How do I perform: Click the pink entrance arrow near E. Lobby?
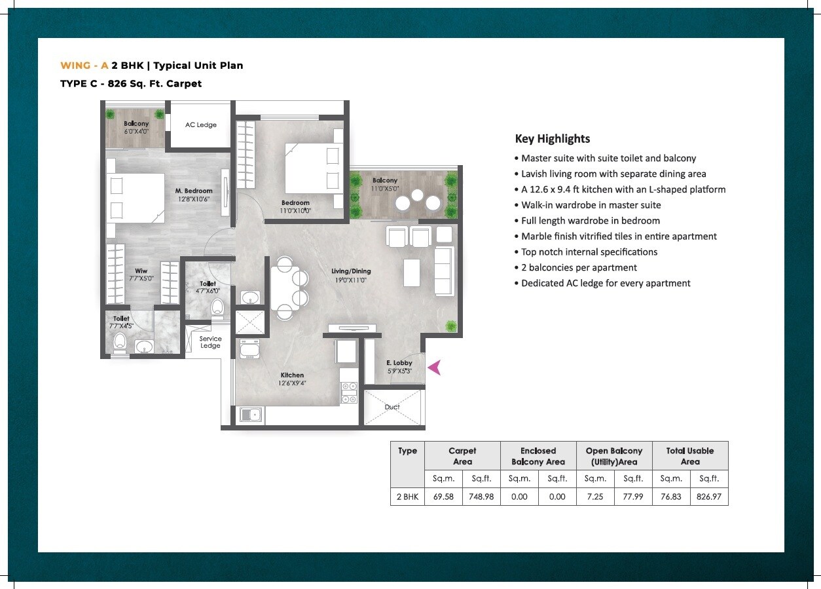[x=434, y=368]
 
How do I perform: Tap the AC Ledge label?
[x=200, y=124]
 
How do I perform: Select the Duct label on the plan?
[x=392, y=407]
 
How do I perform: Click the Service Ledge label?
[x=210, y=342]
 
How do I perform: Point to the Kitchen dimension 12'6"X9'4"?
[x=292, y=383]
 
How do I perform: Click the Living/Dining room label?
[x=351, y=271]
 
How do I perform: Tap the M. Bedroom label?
[x=193, y=191]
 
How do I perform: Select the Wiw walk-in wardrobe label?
[x=141, y=271]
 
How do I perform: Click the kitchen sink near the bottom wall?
[x=251, y=414]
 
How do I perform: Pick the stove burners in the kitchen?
[x=348, y=392]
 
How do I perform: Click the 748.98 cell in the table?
[x=481, y=497]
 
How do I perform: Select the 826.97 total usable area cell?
[x=709, y=497]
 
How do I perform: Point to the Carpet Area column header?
[x=462, y=456]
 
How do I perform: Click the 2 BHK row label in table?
[x=407, y=497]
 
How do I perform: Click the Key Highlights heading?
[x=553, y=138]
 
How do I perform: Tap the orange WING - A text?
[x=84, y=66]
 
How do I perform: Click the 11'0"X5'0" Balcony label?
[x=385, y=189]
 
